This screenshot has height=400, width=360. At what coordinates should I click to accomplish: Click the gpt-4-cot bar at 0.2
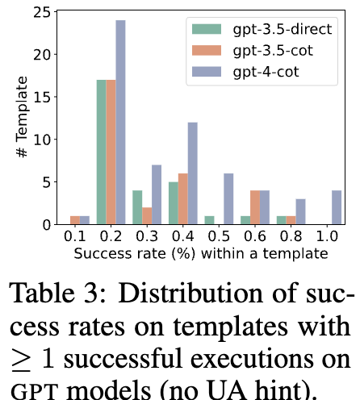(120, 122)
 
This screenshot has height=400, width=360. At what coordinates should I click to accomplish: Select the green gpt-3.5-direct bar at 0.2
(102, 152)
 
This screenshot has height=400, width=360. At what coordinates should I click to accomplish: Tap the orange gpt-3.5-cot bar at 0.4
(183, 198)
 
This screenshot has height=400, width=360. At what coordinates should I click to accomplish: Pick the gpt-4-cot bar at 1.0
(337, 207)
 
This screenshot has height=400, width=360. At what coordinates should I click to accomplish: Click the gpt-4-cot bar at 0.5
(228, 198)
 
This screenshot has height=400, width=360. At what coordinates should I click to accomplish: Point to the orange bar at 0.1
(75, 220)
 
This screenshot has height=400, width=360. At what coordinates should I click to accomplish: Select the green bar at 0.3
(137, 207)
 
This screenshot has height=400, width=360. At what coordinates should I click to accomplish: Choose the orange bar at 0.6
(255, 207)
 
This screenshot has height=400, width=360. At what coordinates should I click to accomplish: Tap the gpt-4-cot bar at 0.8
(300, 211)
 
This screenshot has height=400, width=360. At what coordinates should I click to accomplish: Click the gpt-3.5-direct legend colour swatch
(207, 29)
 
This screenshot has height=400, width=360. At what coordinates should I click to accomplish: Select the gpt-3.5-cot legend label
(273, 51)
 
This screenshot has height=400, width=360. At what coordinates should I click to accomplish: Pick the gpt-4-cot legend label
(266, 72)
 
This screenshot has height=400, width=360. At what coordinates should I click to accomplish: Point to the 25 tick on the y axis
(42, 12)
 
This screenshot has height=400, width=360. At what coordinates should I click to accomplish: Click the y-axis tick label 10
(42, 140)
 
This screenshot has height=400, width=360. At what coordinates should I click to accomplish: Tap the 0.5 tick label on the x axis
(219, 236)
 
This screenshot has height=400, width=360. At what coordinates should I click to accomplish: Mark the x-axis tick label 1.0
(327, 236)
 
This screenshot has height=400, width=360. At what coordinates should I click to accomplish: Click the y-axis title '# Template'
(22, 117)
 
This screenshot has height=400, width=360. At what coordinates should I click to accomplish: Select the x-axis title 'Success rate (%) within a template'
(201, 253)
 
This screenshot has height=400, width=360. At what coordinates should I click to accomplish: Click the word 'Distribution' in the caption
(190, 294)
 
